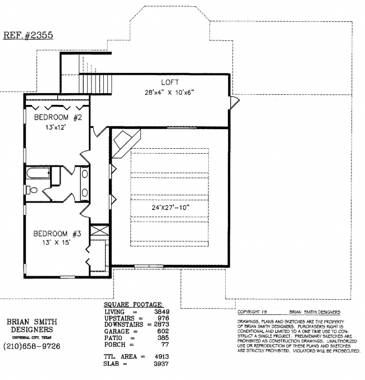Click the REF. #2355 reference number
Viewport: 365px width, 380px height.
[28, 35]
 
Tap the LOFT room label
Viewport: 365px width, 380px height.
[170, 83]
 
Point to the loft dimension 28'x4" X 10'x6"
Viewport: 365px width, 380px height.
[170, 93]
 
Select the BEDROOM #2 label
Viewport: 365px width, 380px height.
[58, 117]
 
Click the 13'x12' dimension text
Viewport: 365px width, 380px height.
[56, 127]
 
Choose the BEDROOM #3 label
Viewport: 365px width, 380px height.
[57, 234]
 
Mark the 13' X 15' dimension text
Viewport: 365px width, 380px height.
[56, 242]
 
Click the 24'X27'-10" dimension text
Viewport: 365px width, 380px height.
[171, 208]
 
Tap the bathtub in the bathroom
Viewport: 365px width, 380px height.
[38, 173]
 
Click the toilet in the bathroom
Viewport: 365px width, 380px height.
[31, 190]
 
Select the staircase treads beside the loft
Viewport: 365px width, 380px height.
[95, 84]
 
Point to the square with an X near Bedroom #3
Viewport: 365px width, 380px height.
[100, 230]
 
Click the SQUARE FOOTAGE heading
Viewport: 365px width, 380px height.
[134, 305]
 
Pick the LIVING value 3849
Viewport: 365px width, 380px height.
[162, 312]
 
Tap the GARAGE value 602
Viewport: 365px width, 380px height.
[163, 331]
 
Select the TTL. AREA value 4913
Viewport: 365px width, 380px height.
[162, 357]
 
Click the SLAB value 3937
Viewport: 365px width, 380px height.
[161, 364]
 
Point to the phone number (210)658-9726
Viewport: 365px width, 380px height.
[32, 346]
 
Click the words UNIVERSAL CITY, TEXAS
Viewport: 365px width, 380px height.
[32, 337]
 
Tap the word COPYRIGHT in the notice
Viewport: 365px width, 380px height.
[249, 312]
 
